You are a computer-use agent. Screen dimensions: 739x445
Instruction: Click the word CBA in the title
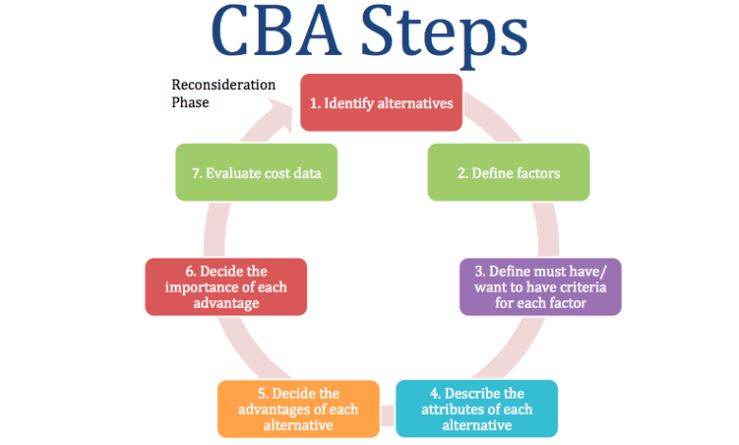pos(276,30)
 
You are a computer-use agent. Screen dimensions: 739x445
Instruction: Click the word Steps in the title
pos(444,36)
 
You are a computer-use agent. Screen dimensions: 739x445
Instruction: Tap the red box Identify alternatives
pos(381,102)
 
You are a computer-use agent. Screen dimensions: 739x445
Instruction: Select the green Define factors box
pos(509,172)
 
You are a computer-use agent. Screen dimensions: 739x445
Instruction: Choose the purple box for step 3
pos(541,287)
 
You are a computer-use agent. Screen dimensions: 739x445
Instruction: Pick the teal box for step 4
pos(477,409)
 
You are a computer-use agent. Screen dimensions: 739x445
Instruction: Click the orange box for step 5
pos(298,409)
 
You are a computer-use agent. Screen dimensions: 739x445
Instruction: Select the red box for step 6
pos(226,287)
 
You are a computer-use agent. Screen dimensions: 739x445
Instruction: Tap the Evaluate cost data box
pos(257,172)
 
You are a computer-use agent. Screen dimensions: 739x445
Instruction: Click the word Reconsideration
pos(224,85)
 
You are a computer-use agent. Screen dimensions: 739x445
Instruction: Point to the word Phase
pos(189,102)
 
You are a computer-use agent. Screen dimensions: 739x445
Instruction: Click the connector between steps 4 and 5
pos(388,416)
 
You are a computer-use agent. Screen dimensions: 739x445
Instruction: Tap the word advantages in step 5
pos(273,409)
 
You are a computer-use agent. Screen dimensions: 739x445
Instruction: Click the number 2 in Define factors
pos(462,173)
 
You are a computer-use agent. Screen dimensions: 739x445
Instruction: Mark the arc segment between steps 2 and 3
pos(549,230)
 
